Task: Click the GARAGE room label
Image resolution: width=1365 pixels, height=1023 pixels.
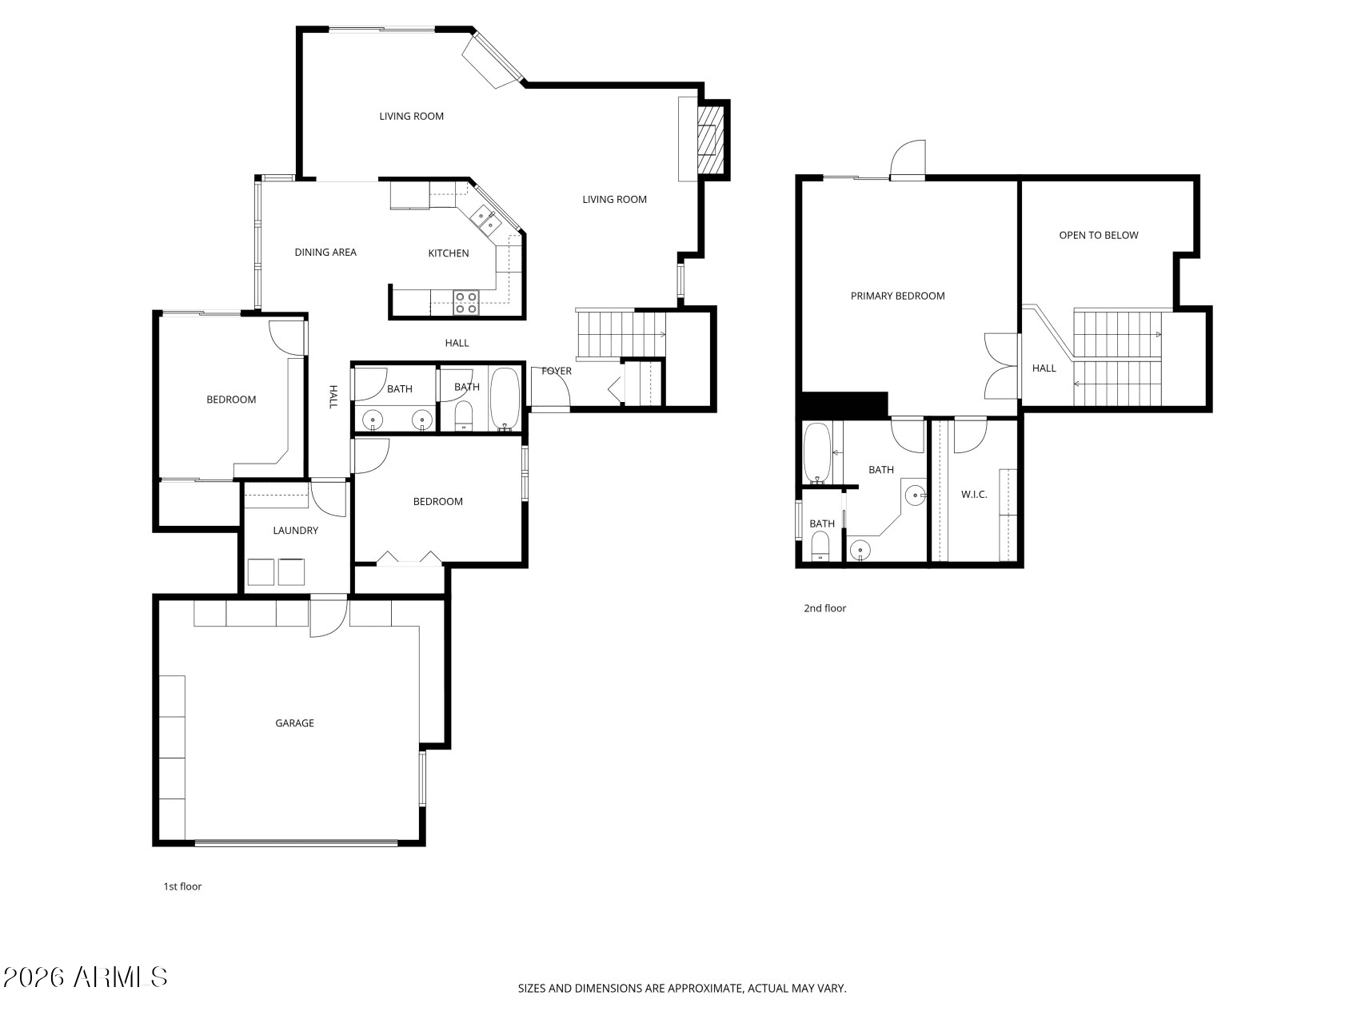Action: click(x=294, y=723)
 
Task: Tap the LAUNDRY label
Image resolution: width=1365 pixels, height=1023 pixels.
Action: click(x=295, y=531)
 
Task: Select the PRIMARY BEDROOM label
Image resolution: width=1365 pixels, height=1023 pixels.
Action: click(x=897, y=296)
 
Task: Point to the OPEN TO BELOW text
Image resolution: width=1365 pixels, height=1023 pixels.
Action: click(x=1098, y=235)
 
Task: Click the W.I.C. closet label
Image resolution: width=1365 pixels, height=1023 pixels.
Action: click(x=974, y=495)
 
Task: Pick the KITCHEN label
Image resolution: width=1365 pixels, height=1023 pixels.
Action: click(x=449, y=253)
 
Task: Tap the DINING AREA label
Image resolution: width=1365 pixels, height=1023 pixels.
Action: click(x=325, y=253)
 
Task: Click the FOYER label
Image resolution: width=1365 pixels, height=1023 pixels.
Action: click(x=557, y=371)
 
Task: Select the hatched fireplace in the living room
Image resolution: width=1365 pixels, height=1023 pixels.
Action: click(x=709, y=140)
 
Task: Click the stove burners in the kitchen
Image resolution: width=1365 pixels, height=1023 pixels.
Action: click(x=466, y=302)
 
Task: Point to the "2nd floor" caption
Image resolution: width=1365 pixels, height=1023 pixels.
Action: click(x=824, y=608)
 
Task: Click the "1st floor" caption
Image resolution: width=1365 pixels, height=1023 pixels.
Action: click(x=182, y=886)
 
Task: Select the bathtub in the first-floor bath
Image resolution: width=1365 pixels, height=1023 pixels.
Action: click(x=505, y=399)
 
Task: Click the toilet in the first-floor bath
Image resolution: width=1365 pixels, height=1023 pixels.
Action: click(x=465, y=416)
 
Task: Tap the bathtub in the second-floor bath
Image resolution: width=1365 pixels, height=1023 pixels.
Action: click(x=816, y=453)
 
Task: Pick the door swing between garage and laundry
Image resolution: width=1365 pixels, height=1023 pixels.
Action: click(x=329, y=618)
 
